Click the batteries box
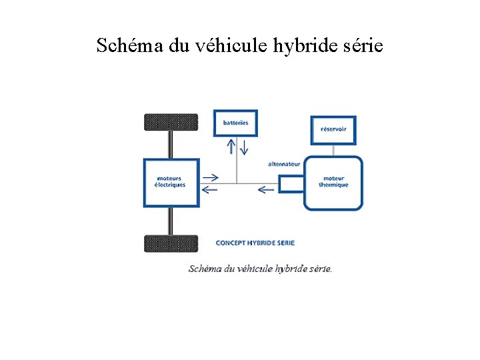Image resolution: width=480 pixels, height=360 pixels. click(x=235, y=123)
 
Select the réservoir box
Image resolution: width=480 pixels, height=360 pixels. click(x=333, y=129)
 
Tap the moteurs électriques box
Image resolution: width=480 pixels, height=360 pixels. click(x=171, y=181)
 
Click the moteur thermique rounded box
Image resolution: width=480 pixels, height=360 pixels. click(x=333, y=183)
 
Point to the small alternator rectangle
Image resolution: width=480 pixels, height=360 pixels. click(x=291, y=183)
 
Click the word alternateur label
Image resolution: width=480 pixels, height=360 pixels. click(x=284, y=164)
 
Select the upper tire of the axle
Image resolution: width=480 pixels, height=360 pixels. click(x=171, y=122)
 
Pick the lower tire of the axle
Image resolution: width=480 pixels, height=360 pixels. click(x=171, y=243)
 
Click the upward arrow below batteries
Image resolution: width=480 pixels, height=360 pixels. click(x=231, y=146)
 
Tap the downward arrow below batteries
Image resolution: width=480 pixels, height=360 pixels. click(x=243, y=146)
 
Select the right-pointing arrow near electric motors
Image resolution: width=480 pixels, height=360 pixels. click(x=210, y=177)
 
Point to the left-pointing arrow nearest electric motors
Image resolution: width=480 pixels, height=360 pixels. click(x=210, y=189)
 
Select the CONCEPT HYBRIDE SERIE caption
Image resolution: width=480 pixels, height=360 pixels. click(x=255, y=243)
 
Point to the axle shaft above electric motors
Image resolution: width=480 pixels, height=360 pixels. click(x=171, y=144)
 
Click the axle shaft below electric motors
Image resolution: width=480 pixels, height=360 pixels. click(x=171, y=220)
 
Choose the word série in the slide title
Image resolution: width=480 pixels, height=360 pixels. click(x=363, y=46)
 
